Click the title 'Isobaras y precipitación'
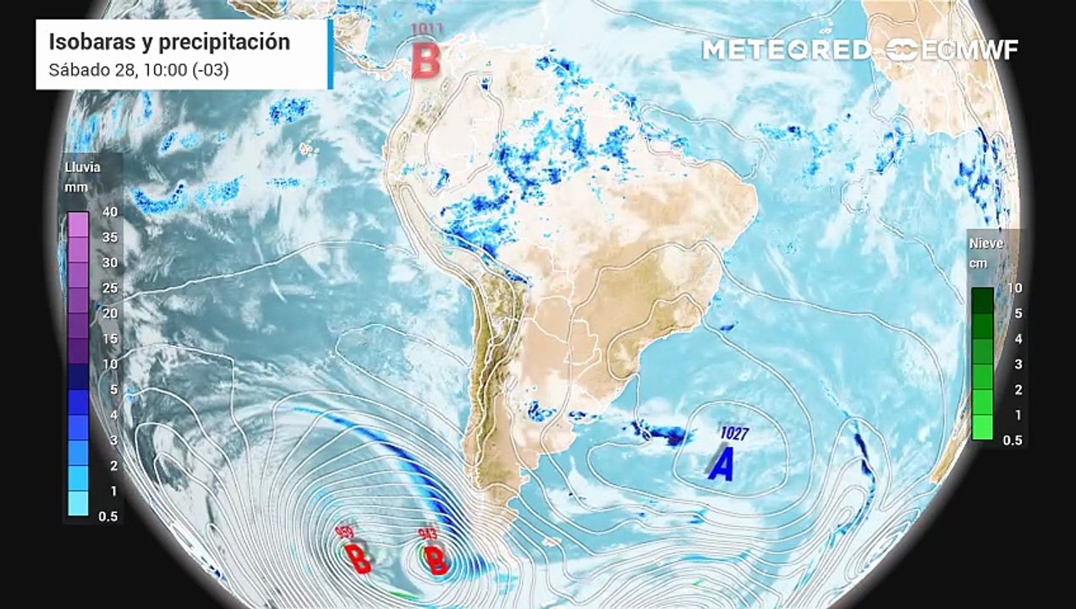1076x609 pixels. [169, 42]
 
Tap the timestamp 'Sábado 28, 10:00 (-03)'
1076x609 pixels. [139, 69]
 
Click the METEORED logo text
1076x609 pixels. [786, 50]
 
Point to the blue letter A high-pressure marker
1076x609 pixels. [721, 465]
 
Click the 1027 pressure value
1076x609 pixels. [734, 433]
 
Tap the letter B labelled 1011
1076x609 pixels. [426, 60]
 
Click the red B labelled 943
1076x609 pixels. [436, 560]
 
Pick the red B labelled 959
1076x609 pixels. [359, 558]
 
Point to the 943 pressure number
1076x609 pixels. [428, 534]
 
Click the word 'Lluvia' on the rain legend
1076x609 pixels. [83, 167]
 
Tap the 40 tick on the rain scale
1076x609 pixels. [109, 211]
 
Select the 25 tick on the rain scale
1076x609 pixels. [109, 288]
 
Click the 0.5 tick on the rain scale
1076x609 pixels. [107, 516]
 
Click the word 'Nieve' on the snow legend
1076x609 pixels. [986, 244]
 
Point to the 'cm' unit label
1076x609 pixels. [980, 262]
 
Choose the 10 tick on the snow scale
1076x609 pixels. [1014, 288]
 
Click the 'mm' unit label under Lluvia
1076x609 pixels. [74, 186]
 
